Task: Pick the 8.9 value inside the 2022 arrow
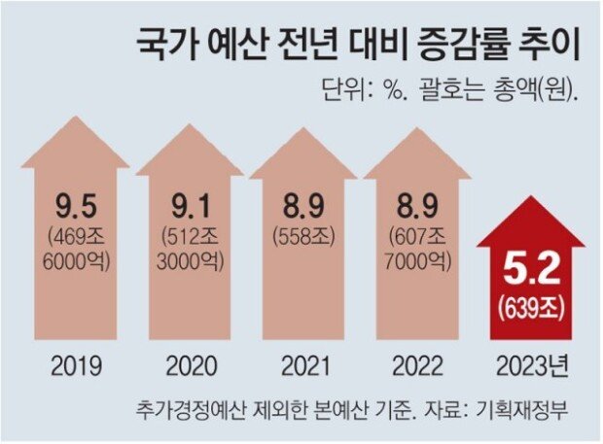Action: [x=419, y=207]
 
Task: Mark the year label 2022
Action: [x=419, y=366]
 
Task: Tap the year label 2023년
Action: [x=532, y=366]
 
